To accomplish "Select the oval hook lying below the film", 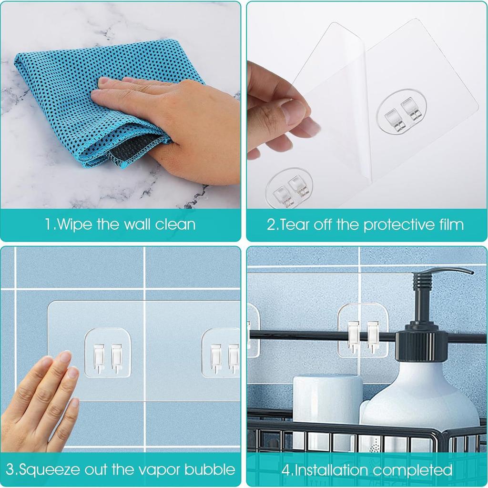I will pyautogui.click(x=290, y=189).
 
